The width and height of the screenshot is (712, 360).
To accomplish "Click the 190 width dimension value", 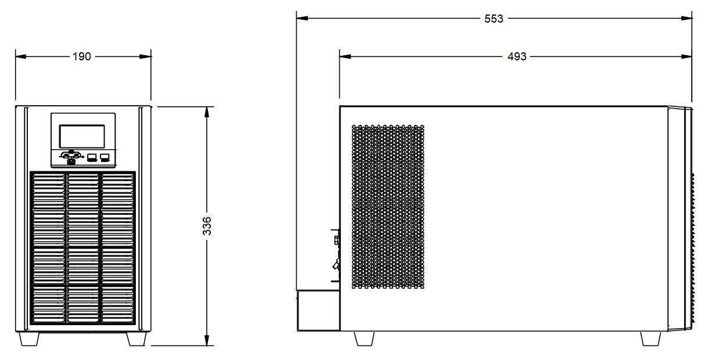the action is [x=82, y=56].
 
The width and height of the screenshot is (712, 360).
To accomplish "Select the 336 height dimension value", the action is [x=207, y=226].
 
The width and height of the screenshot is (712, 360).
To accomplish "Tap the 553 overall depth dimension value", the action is [x=494, y=19].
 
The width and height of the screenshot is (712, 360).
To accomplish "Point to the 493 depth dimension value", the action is [x=517, y=56].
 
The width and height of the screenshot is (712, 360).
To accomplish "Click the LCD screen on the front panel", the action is [x=82, y=136].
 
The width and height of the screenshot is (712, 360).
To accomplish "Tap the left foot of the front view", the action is [x=29, y=339].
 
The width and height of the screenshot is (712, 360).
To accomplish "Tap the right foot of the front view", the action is [x=136, y=339].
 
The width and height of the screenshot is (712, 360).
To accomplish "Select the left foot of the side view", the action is [x=364, y=339].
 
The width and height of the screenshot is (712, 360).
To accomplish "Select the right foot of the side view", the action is [x=650, y=339].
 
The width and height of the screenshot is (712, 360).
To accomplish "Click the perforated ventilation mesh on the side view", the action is [x=388, y=207].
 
